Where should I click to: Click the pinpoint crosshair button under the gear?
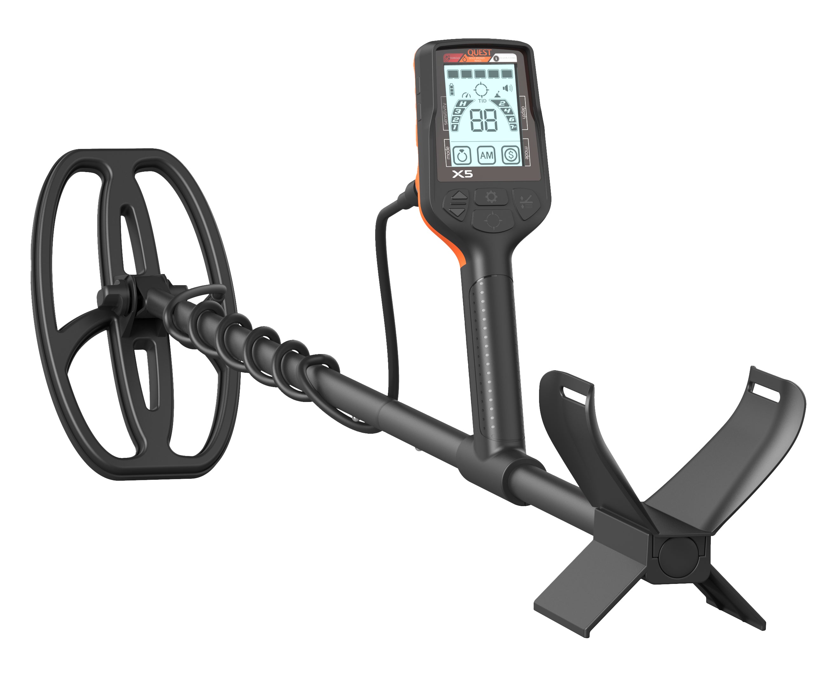coord(493,220)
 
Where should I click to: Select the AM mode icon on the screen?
coord(486,155)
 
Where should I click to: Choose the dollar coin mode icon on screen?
coord(510,155)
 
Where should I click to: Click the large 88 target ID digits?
coord(484,120)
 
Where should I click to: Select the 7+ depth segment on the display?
coord(513,127)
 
